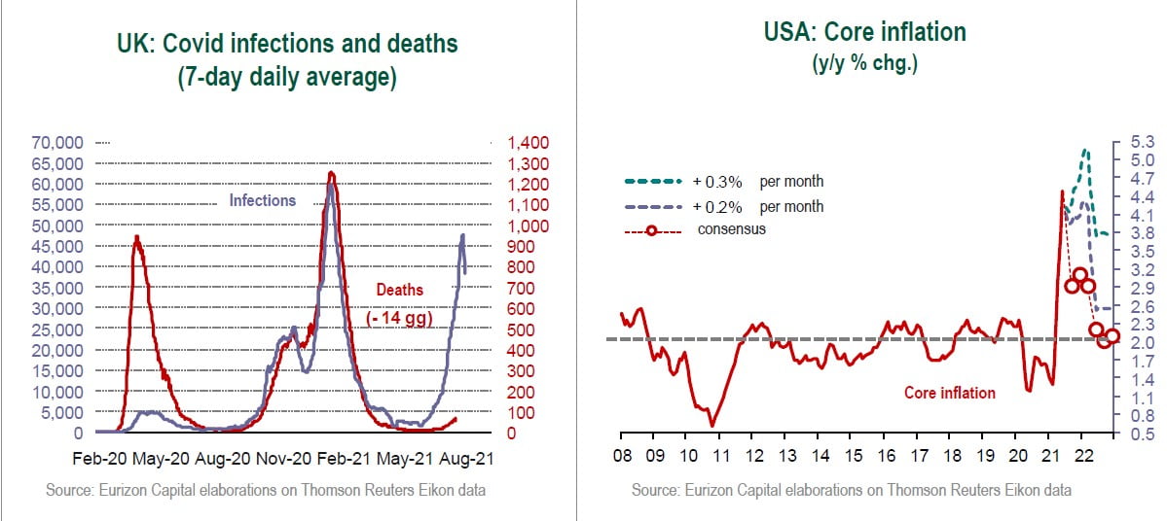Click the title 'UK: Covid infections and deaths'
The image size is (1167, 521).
click(x=286, y=44)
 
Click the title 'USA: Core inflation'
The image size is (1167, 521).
click(x=864, y=32)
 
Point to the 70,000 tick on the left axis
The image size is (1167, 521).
click(x=57, y=143)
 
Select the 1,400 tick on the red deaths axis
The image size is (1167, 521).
click(x=526, y=143)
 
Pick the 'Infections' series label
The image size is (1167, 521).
click(x=262, y=200)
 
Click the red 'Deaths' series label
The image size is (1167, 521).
click(x=400, y=289)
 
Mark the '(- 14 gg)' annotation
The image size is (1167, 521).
click(x=400, y=318)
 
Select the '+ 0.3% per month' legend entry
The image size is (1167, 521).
click(x=758, y=182)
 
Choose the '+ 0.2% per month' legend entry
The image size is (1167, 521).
click(x=758, y=206)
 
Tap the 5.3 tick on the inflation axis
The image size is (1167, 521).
click(x=1142, y=143)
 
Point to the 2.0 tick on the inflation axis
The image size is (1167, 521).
click(x=1142, y=343)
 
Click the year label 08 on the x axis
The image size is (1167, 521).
click(x=623, y=457)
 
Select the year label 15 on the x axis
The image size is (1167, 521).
click(x=853, y=457)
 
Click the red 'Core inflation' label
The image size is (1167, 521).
click(x=950, y=393)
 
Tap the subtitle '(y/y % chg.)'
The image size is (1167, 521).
click(x=865, y=65)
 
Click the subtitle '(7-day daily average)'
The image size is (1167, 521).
click(x=286, y=79)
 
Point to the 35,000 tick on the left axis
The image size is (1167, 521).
click(x=57, y=288)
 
